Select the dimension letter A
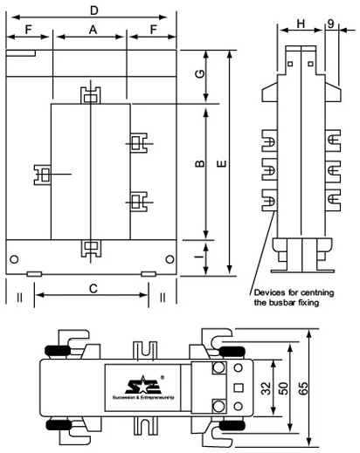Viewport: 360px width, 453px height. point(91,29)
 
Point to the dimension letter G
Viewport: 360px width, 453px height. point(201,74)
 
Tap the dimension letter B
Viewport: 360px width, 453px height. point(200,165)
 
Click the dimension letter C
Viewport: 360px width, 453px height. point(93,287)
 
